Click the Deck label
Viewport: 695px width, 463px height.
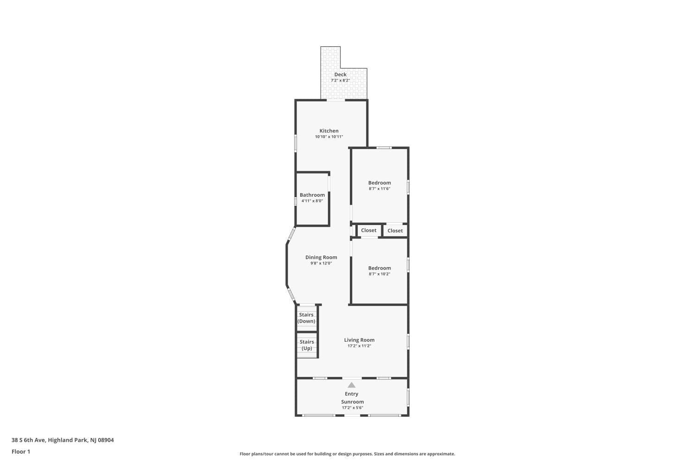[341, 75]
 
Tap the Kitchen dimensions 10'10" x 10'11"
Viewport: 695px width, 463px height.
[329, 137]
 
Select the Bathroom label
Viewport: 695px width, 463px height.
[312, 195]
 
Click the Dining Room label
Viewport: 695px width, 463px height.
[321, 257]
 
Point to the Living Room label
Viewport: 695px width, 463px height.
[359, 340]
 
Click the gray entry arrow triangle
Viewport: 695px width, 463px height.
[351, 385]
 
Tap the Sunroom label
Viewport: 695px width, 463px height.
[353, 401]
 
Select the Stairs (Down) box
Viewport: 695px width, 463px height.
[307, 318]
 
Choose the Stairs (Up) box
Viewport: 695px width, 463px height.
[307, 345]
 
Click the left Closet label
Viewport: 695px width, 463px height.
[369, 231]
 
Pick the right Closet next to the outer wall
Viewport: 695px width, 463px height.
[395, 231]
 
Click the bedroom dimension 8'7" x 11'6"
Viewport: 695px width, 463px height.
[379, 188]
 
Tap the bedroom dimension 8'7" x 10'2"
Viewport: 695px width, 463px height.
[379, 274]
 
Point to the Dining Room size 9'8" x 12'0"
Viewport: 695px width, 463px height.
[321, 263]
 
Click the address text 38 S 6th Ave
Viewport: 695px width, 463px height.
[29, 440]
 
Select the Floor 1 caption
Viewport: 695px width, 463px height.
[21, 451]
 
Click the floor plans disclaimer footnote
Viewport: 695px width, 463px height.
[347, 454]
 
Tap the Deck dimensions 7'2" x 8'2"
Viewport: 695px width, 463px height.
[341, 80]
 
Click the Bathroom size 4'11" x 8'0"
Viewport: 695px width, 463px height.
[312, 201]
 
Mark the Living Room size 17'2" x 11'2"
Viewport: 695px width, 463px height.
[359, 346]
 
